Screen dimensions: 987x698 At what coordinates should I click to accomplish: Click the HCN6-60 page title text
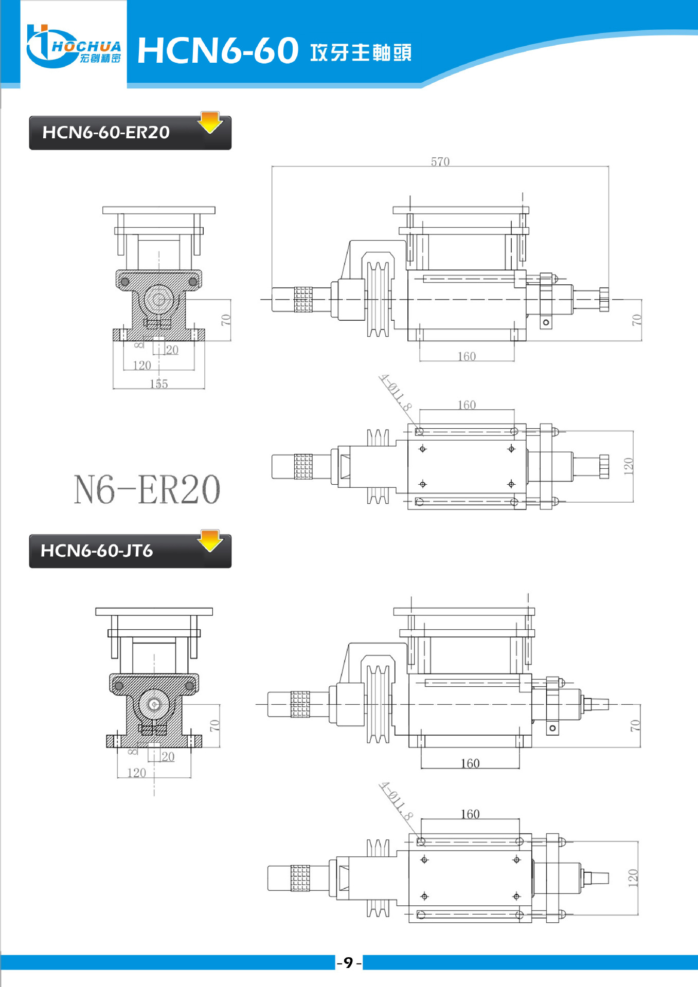tap(218, 51)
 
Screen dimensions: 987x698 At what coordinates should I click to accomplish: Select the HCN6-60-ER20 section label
tap(106, 133)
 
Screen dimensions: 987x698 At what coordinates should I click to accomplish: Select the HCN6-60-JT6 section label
tap(97, 551)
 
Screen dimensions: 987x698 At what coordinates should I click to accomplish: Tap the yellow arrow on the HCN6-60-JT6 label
tap(210, 540)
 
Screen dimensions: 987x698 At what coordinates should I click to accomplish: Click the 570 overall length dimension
tap(440, 162)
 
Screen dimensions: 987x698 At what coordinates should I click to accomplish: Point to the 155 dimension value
tap(158, 384)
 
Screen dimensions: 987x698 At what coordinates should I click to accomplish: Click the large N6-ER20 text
tap(147, 489)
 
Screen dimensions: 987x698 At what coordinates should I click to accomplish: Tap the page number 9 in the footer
tap(349, 962)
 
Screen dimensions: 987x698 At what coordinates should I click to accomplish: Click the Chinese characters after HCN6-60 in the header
tap(361, 52)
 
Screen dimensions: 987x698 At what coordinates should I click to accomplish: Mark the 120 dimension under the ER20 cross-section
tap(142, 365)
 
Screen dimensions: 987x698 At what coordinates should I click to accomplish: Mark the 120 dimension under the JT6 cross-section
tap(136, 773)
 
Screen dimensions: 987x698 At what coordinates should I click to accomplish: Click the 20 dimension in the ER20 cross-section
tap(172, 350)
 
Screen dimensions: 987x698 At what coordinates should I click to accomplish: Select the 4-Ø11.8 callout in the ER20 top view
tap(396, 393)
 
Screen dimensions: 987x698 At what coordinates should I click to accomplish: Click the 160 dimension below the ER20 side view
tap(467, 356)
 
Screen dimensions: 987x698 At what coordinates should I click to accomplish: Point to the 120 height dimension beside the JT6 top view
tap(633, 878)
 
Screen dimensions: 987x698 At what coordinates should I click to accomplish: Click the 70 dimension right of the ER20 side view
tap(636, 320)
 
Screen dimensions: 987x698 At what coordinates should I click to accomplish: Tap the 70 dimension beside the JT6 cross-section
tap(214, 725)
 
